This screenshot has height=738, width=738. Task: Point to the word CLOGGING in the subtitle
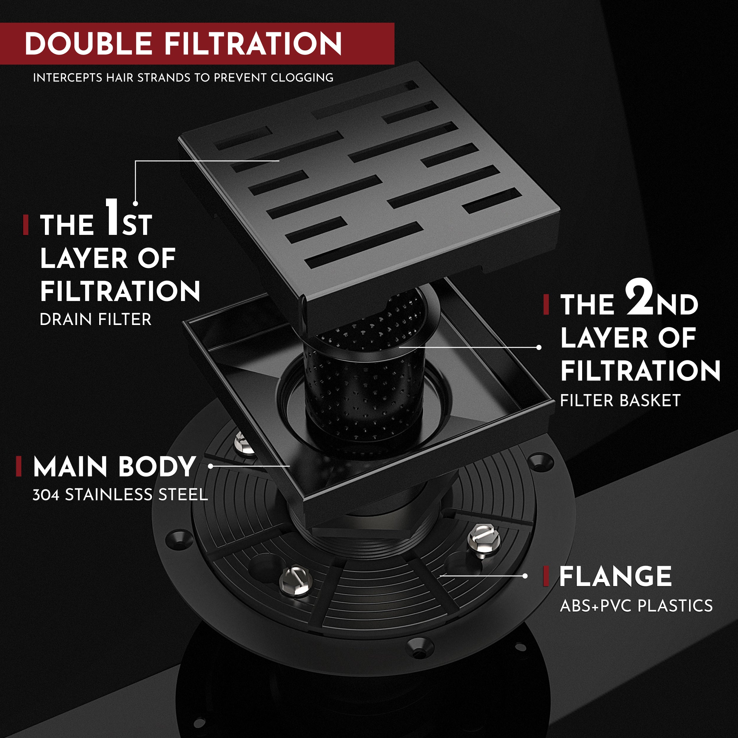[302, 78]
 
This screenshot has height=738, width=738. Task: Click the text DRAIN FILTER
[95, 319]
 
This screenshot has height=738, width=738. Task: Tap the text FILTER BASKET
[620, 401]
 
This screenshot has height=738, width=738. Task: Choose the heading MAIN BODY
[115, 466]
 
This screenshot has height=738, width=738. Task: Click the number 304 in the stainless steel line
[45, 495]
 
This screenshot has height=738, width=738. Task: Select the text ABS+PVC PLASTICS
[636, 606]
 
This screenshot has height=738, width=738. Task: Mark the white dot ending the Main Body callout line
[210, 466]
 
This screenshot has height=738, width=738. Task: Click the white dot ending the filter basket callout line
[539, 347]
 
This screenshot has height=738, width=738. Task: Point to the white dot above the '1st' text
[135, 204]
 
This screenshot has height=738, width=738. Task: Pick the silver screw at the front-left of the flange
[295, 582]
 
